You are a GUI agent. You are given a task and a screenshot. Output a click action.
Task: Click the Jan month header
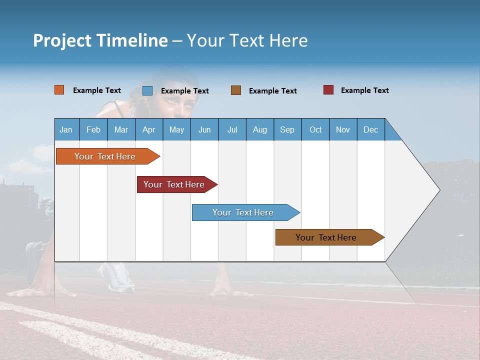tap(66, 129)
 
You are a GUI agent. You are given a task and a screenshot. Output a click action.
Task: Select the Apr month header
tap(148, 129)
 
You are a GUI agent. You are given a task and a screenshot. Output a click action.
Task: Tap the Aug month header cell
tap(259, 129)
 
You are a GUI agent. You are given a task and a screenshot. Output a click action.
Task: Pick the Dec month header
tap(370, 129)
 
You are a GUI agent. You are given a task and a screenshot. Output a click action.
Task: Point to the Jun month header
tap(204, 129)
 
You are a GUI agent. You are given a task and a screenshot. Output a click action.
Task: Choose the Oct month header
tap(315, 129)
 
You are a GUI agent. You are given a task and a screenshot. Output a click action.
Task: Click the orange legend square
tap(59, 90)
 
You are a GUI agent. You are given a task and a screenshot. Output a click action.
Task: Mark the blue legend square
tap(147, 90)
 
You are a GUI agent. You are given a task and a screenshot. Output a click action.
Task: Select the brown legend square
tap(235, 90)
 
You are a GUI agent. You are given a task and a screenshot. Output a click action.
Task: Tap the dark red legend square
tap(328, 90)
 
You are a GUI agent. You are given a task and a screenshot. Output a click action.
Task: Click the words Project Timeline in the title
tap(100, 40)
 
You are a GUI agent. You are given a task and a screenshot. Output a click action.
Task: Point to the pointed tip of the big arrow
tap(438, 190)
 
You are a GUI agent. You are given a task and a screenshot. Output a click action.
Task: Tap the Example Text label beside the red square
tap(364, 90)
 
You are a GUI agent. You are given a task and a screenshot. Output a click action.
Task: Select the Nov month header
tap(342, 129)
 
